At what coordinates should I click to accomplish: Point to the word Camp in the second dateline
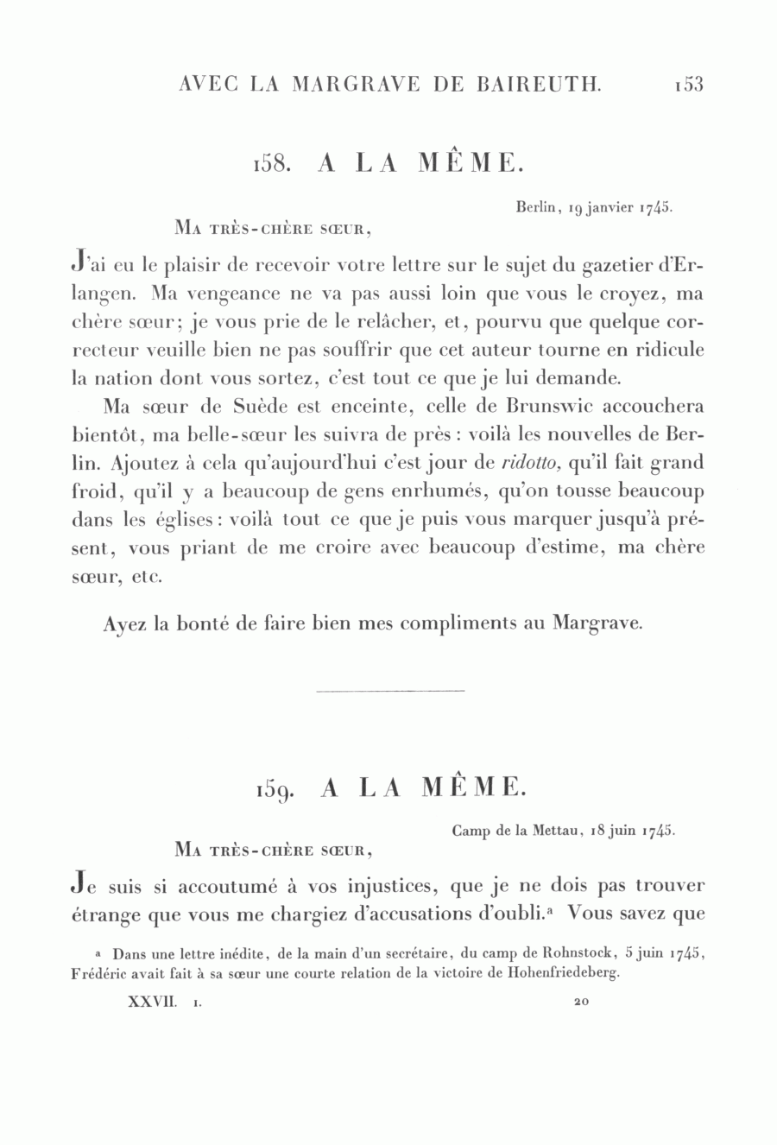471,832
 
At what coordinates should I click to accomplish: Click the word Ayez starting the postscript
124,623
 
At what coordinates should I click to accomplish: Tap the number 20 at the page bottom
580,1003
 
